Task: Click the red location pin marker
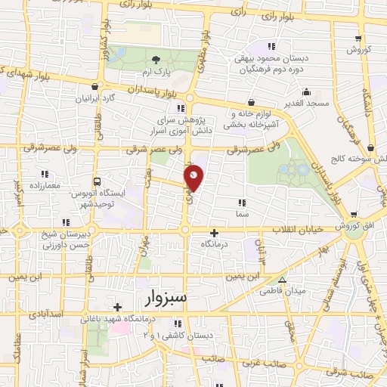[195, 177]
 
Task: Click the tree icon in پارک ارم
[156, 59]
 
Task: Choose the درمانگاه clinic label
[215, 244]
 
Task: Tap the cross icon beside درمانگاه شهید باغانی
[116, 307]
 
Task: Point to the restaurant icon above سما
[241, 203]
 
